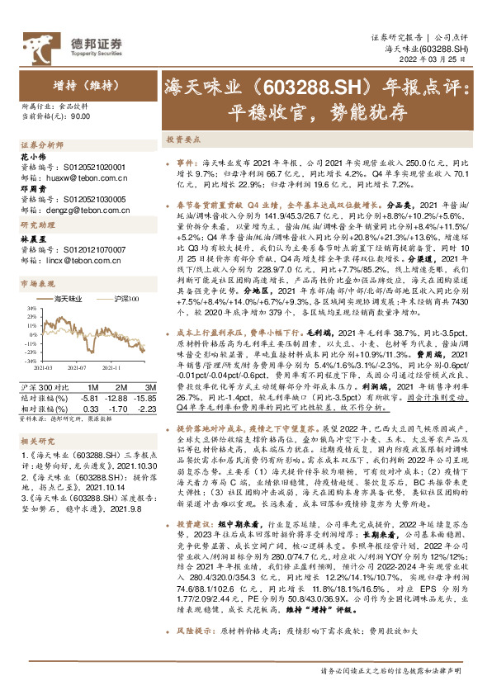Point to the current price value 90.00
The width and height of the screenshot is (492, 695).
pos(80,117)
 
